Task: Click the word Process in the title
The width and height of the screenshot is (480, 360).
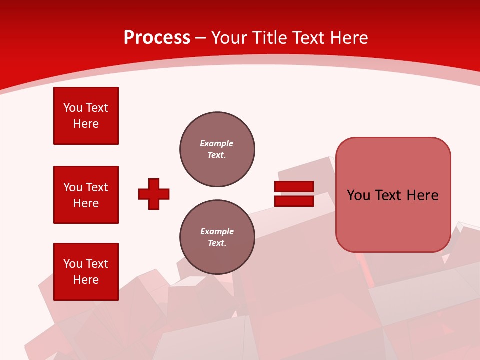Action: pos(157,38)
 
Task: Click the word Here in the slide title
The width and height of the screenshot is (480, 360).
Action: pos(348,38)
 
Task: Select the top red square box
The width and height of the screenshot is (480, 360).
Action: pos(86,116)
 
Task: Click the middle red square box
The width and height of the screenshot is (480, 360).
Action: pos(86,195)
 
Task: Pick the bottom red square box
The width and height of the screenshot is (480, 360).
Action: pos(86,272)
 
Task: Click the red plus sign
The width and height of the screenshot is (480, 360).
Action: pos(154,194)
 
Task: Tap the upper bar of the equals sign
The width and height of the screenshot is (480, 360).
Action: pos(294,187)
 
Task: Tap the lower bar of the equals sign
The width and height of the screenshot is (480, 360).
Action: pos(294,201)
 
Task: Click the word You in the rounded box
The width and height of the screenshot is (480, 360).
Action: pos(358,195)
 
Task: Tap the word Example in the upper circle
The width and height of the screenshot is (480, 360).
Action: pos(216,143)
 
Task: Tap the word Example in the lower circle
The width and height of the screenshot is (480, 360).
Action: pos(217,231)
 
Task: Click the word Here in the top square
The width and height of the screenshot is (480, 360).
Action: pos(86,124)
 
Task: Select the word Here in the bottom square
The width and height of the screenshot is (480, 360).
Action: pos(86,280)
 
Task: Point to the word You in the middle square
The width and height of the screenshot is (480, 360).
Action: pos(73,187)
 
